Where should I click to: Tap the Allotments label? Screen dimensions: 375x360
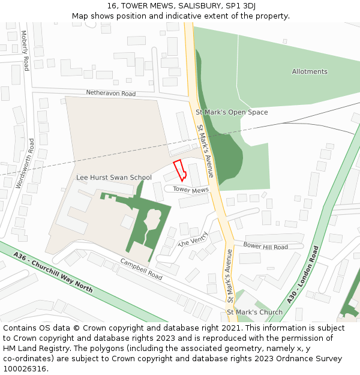[x=310, y=72]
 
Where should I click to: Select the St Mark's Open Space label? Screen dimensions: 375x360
[x=232, y=112]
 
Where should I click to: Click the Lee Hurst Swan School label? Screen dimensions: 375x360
[x=114, y=178]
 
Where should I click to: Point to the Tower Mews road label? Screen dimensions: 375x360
[x=191, y=190]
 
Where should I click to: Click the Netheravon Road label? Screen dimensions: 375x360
[x=111, y=94]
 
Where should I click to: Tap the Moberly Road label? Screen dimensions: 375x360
[x=25, y=50]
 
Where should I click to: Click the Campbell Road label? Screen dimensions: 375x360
[x=142, y=269]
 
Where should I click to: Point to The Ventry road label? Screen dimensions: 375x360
[x=193, y=239]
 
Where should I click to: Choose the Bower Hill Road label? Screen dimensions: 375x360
[x=265, y=247]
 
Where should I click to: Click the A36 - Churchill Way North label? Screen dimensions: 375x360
[x=53, y=272]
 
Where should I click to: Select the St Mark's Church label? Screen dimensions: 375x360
[x=254, y=313]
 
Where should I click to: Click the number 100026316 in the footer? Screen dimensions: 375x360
[x=24, y=369]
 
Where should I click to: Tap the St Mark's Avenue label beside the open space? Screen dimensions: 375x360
[x=205, y=151]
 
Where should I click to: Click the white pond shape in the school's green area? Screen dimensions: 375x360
[x=152, y=220]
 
